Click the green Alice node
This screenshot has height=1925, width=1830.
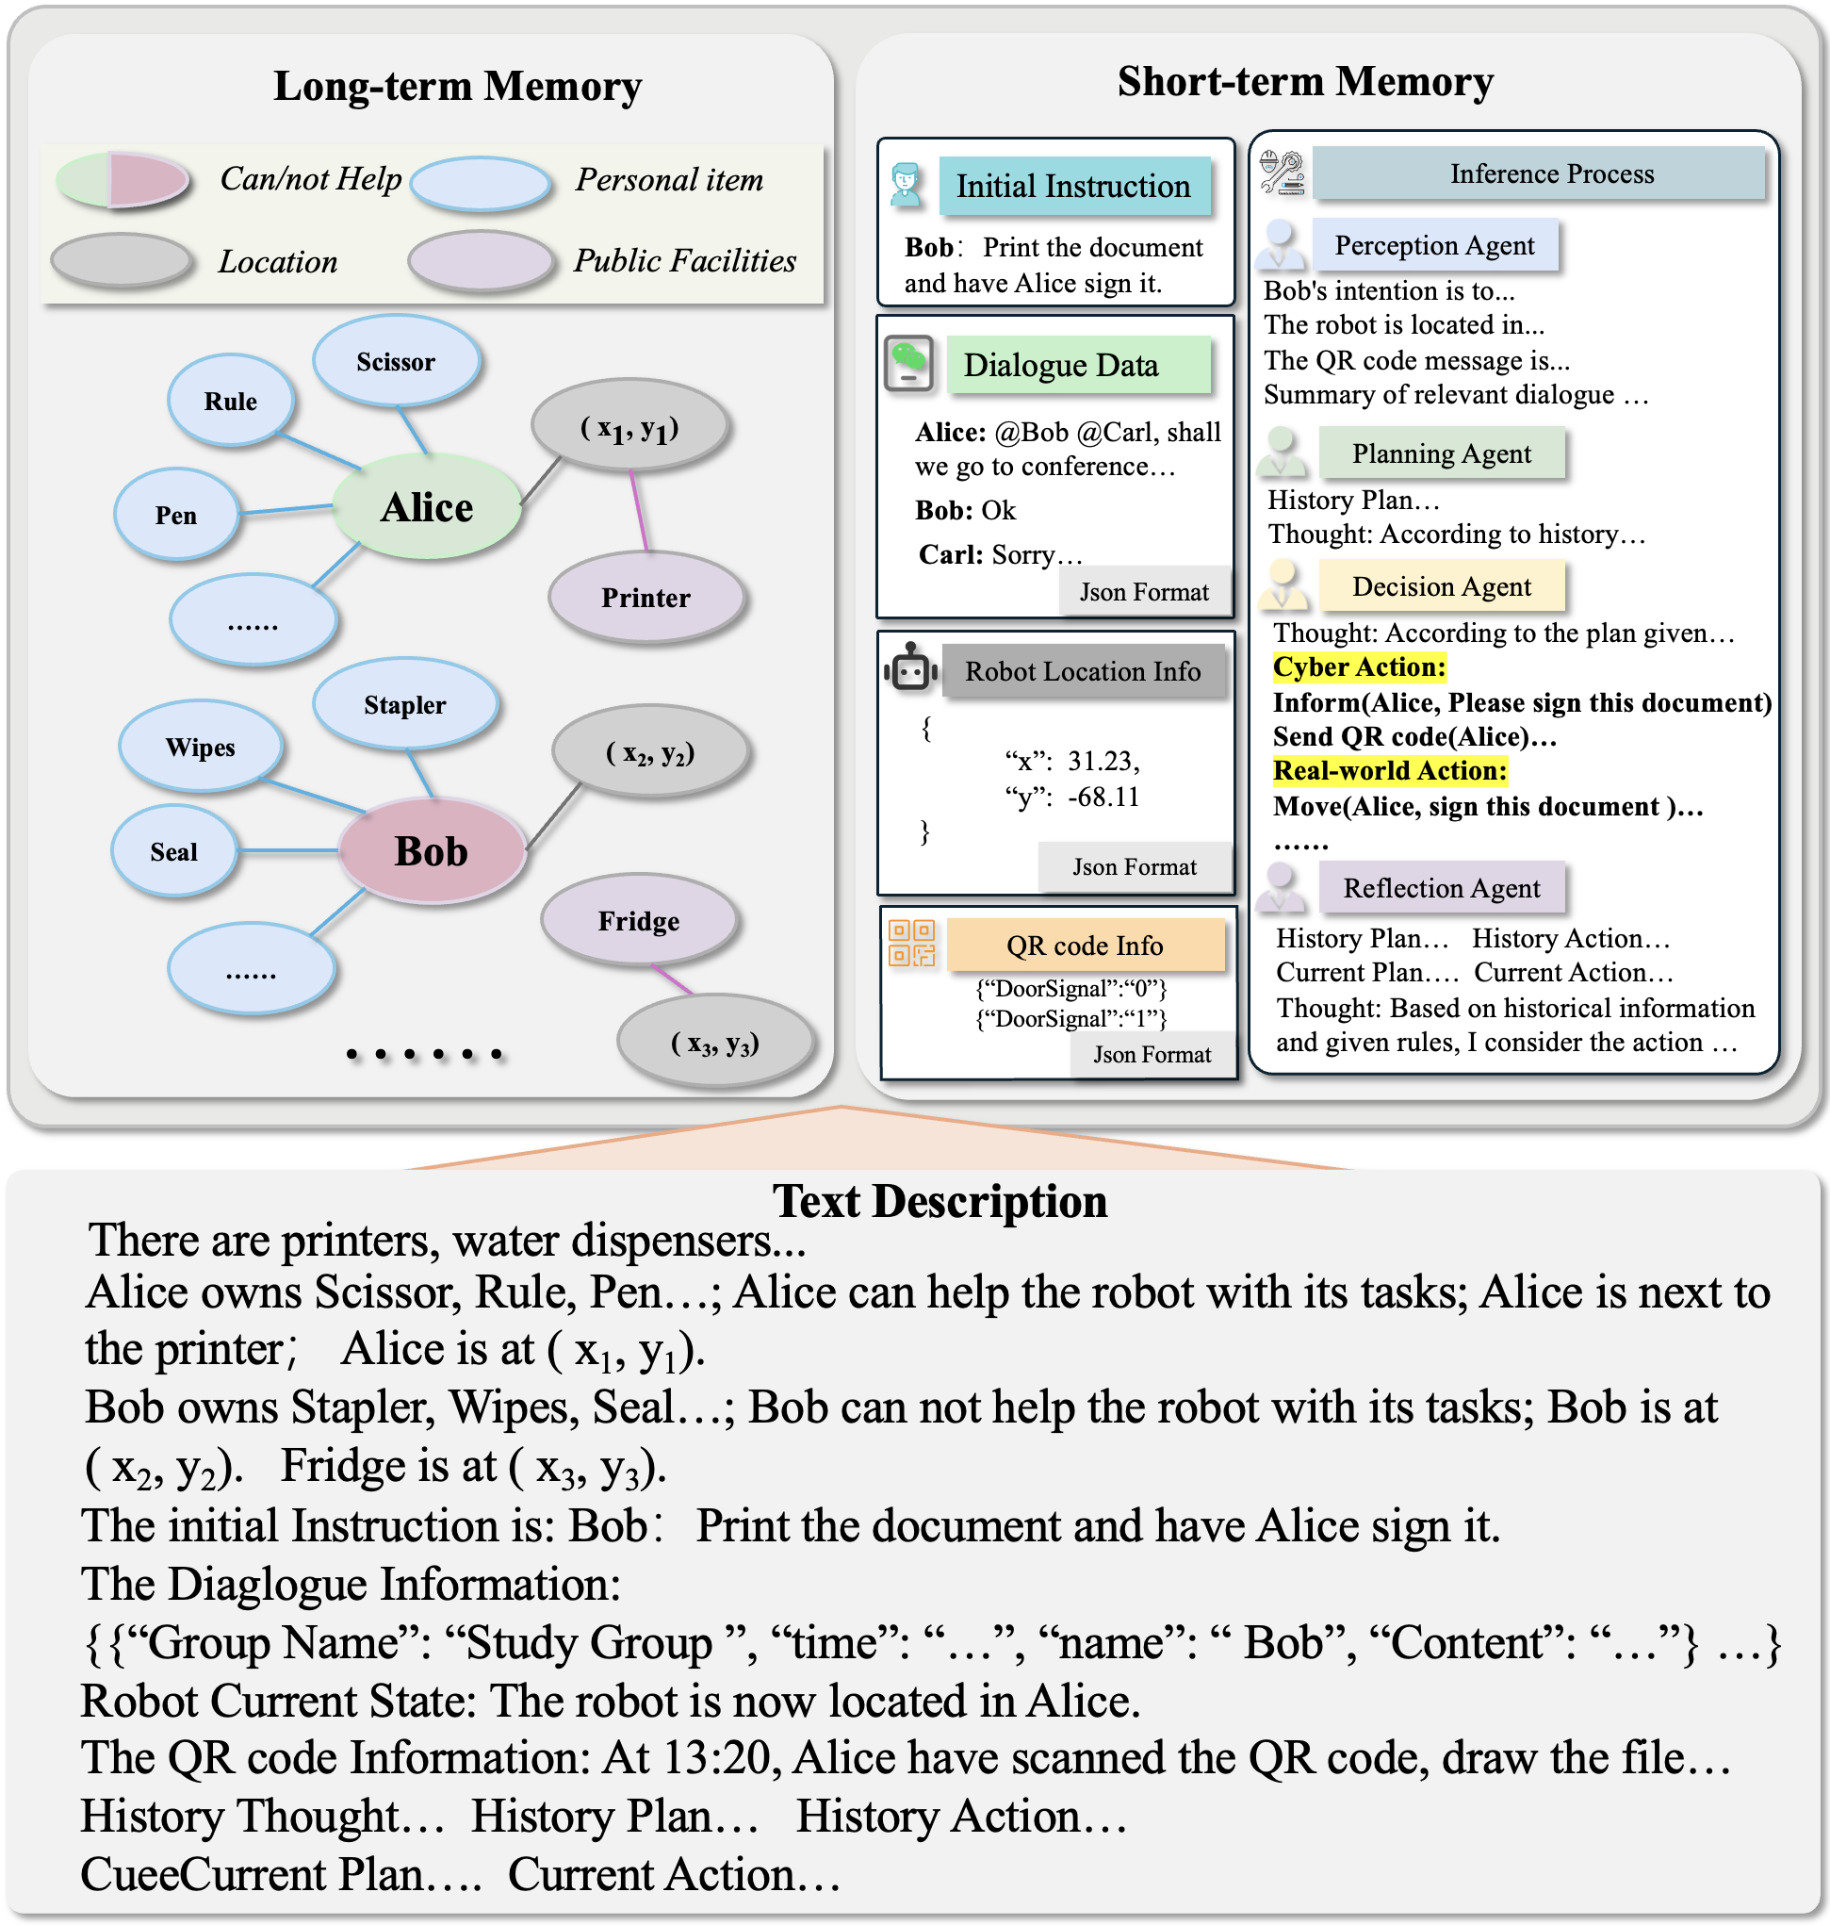coord(427,507)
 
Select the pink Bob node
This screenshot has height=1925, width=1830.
coord(432,850)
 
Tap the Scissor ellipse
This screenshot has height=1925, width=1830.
coord(396,362)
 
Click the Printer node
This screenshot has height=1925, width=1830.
coord(645,597)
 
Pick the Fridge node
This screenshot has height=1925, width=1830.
coord(639,920)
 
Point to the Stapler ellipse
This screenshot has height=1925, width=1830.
coord(405,704)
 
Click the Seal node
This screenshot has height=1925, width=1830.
coord(174,852)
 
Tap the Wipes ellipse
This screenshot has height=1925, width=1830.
coord(201,748)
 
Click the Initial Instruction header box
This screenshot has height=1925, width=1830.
coord(1073,187)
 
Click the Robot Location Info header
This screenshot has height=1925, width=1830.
coord(1083,671)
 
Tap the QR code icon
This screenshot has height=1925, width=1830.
coord(911,943)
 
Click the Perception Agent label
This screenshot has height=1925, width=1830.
coord(1434,245)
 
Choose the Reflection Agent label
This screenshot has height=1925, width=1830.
coord(1441,888)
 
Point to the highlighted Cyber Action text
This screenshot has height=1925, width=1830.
coord(1359,667)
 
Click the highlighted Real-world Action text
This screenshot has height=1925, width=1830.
coord(1389,771)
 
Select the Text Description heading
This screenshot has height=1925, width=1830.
coord(940,1201)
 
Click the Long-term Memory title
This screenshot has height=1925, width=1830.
coord(458,86)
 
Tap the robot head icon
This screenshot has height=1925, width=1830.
coord(911,668)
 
